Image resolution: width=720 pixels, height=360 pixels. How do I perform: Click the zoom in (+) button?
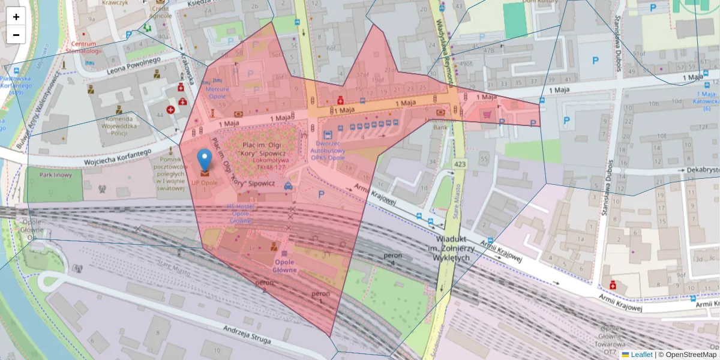[x=16, y=17]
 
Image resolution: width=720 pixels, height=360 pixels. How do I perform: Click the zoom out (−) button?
[x=16, y=35]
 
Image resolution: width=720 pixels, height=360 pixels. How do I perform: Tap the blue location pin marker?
[x=205, y=160]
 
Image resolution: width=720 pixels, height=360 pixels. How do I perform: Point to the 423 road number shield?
[x=460, y=164]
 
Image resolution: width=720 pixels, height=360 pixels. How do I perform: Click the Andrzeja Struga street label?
[x=247, y=334]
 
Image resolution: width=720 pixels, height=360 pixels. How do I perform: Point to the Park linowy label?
[x=56, y=175]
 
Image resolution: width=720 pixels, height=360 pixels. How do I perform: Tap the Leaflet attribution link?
[x=641, y=355]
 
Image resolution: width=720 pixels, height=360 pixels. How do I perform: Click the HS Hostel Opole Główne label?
[x=241, y=214]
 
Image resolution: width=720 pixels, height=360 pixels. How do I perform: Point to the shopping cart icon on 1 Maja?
[x=487, y=113]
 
